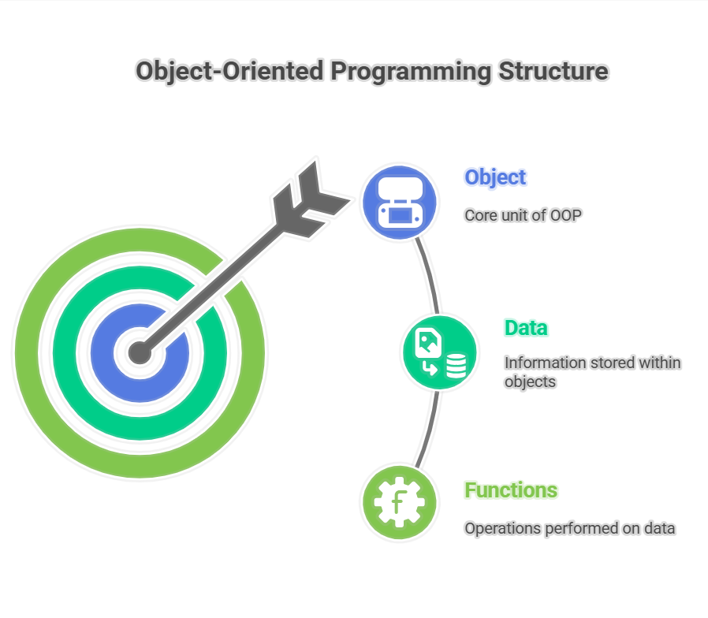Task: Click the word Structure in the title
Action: click(x=553, y=71)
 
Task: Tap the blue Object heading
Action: click(x=495, y=177)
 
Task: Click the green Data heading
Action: click(x=526, y=328)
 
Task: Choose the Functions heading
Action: click(x=511, y=490)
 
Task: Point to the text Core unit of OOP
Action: click(x=523, y=215)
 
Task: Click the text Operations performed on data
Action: click(x=569, y=529)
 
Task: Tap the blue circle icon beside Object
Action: click(x=400, y=202)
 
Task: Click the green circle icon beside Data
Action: click(x=439, y=352)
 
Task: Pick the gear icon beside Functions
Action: click(x=400, y=502)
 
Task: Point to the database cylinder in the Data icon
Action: click(x=456, y=366)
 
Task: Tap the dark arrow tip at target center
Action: click(x=140, y=352)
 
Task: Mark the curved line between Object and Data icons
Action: click(x=430, y=274)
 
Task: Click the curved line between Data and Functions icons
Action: click(x=429, y=430)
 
